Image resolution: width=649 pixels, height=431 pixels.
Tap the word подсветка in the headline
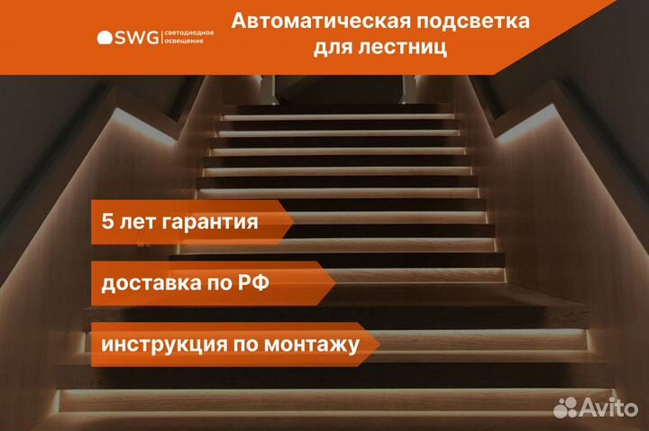pos(473,22)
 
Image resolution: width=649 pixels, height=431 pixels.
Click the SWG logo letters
pos(136,38)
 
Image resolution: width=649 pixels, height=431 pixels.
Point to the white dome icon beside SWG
pos(105,37)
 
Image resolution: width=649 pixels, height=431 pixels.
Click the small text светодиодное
pos(189,32)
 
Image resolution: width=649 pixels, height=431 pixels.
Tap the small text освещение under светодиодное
pos(184,41)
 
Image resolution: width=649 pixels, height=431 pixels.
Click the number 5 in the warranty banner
pos(107,221)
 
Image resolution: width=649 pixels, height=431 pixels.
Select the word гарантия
pos(210,223)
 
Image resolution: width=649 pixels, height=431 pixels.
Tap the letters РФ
pos(253,283)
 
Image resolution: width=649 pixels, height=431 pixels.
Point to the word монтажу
pos(312,345)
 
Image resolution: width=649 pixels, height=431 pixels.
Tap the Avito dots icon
pos(565,408)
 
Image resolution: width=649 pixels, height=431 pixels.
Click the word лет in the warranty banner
pos(137,222)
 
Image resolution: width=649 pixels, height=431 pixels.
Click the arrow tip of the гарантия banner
pos(294,222)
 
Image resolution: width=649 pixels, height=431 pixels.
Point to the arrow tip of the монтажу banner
pos(379,344)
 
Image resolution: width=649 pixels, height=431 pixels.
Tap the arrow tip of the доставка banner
pos(334,283)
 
